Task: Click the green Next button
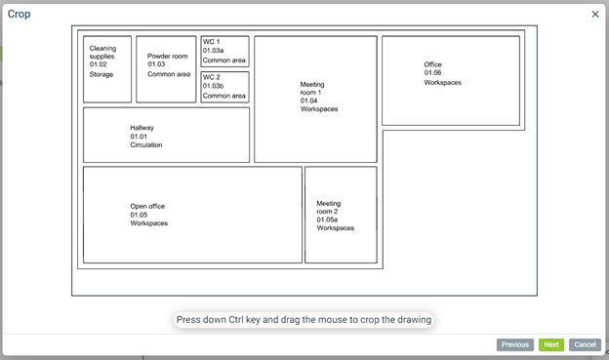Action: (551, 344)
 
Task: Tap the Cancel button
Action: (585, 344)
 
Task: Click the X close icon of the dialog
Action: (595, 15)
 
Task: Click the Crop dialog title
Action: (20, 15)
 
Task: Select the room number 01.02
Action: (98, 64)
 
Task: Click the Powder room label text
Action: (168, 56)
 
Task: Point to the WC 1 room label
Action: (211, 42)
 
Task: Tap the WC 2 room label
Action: (211, 77)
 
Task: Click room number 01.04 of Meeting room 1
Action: (308, 100)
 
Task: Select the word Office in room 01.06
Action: (432, 64)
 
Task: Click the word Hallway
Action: (142, 128)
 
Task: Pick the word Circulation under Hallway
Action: (146, 144)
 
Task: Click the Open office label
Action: (147, 206)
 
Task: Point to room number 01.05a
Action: (327, 220)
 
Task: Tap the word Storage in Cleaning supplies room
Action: (101, 74)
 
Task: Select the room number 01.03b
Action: (213, 86)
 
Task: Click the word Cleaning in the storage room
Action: (102, 48)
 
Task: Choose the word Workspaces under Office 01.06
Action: (443, 83)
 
